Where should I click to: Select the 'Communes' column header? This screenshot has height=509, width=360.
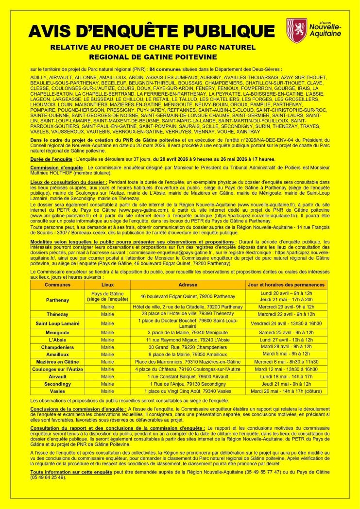click(x=57, y=285)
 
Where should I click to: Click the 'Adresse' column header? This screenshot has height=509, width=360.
click(x=188, y=285)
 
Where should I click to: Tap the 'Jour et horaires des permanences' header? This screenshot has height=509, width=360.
click(x=287, y=285)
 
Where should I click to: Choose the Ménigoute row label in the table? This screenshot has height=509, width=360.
click(x=57, y=332)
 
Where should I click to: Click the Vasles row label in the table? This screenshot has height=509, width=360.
click(x=57, y=390)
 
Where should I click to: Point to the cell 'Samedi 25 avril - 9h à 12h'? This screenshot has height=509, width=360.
click(x=287, y=332)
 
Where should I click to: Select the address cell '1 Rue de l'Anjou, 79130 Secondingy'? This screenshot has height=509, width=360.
click(x=188, y=383)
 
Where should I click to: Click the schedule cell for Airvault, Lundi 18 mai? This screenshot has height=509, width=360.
click(x=287, y=376)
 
